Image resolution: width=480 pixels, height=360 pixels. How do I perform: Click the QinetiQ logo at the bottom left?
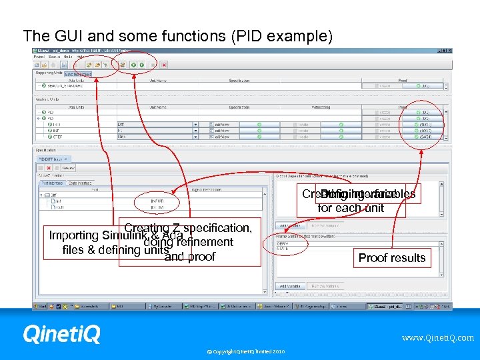61,334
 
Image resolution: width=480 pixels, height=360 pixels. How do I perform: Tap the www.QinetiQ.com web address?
437,338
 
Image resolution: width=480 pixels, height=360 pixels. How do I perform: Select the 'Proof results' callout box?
392,258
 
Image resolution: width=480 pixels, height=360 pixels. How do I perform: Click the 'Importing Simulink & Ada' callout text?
107,236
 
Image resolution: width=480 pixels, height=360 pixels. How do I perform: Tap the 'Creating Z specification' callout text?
187,228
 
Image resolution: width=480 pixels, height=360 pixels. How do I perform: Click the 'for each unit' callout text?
351,208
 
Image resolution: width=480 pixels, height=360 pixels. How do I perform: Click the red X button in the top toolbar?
164,65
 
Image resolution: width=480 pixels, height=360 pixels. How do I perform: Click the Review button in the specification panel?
68,168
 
